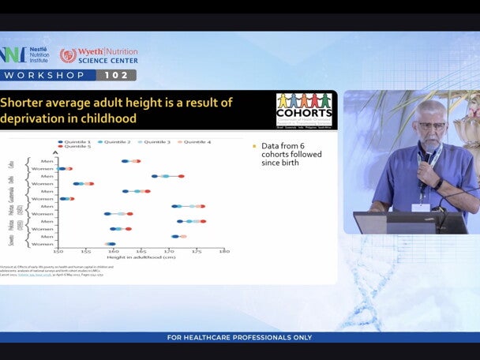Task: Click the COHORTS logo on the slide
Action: coord(303,110)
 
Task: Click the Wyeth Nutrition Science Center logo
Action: coord(99,55)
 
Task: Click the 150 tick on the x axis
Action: coord(58,252)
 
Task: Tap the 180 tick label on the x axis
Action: coord(224,252)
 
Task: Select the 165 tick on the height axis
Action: coord(141,252)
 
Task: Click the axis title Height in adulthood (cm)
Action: coord(141,258)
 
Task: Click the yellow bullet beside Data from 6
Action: coord(254,146)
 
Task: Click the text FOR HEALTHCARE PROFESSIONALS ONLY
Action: coord(239,338)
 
